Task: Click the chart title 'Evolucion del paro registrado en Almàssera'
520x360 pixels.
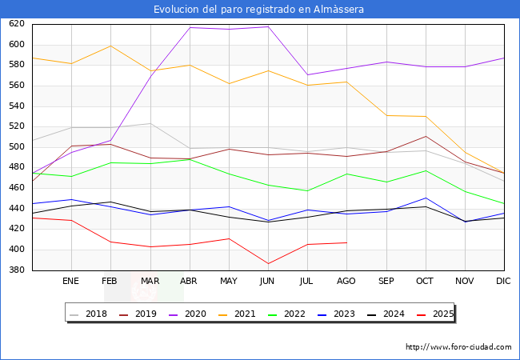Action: click(259, 10)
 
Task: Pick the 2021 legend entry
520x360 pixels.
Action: click(246, 314)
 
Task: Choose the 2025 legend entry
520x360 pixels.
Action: click(442, 314)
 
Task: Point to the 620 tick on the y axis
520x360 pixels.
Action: click(17, 24)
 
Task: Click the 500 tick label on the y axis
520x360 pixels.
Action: click(17, 147)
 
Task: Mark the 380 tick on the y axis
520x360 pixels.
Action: click(17, 270)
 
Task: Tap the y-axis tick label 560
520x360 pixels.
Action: click(17, 86)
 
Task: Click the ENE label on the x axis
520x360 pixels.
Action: click(71, 282)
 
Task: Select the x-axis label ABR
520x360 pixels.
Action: click(190, 282)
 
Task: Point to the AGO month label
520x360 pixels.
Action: click(346, 282)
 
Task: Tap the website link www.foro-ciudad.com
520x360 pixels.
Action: click(458, 347)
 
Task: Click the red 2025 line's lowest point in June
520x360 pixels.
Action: click(268, 263)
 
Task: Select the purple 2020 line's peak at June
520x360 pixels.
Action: click(268, 27)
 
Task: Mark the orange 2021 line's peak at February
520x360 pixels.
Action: click(110, 46)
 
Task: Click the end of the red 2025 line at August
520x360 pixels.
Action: click(346, 242)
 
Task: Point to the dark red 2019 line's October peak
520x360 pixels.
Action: click(426, 136)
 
